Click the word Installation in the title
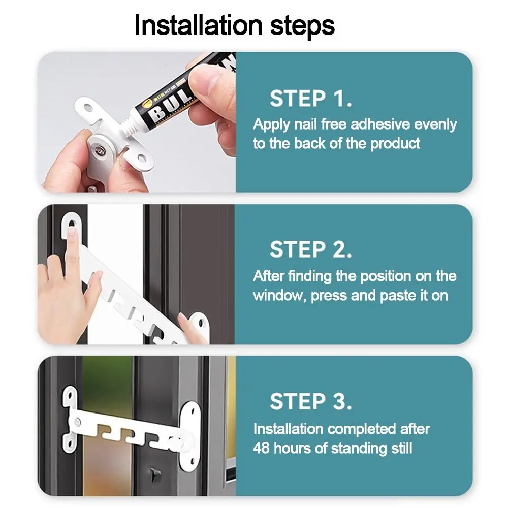click(x=198, y=25)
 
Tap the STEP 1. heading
click(x=310, y=99)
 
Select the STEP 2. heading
click(x=310, y=249)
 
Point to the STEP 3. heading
click(x=310, y=401)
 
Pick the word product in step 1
click(x=395, y=144)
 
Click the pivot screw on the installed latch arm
click(x=78, y=422)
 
